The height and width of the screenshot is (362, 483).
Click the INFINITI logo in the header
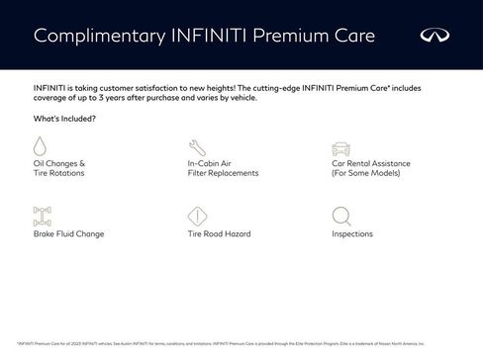click(435, 36)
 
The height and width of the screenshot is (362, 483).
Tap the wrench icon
click(195, 145)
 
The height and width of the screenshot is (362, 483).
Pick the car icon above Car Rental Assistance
click(340, 145)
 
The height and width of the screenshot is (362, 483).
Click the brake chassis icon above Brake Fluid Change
click(42, 216)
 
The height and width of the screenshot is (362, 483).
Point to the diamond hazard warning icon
click(196, 216)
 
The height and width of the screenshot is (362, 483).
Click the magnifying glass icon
click(340, 216)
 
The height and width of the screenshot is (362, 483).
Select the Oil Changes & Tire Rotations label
click(59, 167)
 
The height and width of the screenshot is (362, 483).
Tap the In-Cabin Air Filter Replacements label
click(223, 167)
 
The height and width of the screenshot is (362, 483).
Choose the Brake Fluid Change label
click(68, 234)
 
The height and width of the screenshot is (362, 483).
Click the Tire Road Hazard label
click(219, 234)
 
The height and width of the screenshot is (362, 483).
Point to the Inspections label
click(352, 234)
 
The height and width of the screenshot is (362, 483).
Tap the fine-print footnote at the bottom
click(220, 343)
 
